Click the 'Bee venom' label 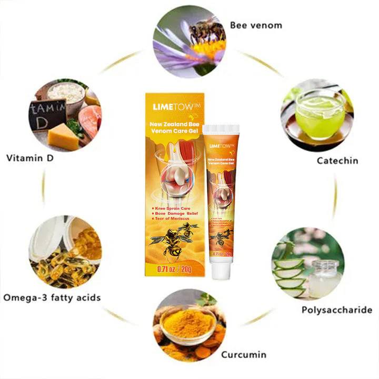tap(256, 25)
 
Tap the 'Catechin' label tap(337, 161)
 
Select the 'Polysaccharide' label tap(337, 310)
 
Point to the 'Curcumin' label tap(244, 354)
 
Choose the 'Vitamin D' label tap(37, 157)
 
